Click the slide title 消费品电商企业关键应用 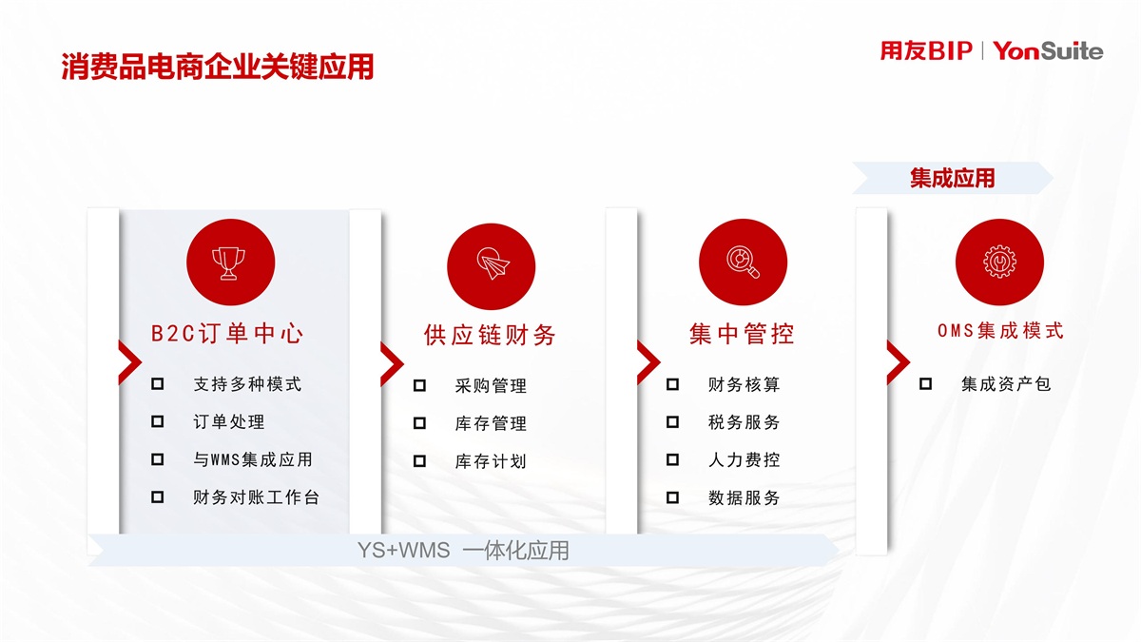(x=218, y=67)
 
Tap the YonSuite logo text (x=1048, y=51)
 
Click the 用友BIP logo (x=926, y=51)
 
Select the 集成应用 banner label (x=952, y=179)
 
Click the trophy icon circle (x=231, y=263)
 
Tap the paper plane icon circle (x=491, y=266)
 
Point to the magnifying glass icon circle (x=743, y=263)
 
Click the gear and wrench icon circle (x=999, y=263)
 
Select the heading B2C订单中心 (x=227, y=334)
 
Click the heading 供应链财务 (x=490, y=335)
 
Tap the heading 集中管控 (x=742, y=334)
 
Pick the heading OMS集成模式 (x=1000, y=331)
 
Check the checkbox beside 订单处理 (x=158, y=421)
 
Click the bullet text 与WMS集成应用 (x=253, y=459)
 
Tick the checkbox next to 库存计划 (x=419, y=461)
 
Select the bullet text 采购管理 (x=491, y=386)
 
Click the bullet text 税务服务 (x=744, y=422)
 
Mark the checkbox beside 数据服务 (x=672, y=497)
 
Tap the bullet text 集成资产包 (x=1006, y=383)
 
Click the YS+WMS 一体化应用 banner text (x=463, y=551)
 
